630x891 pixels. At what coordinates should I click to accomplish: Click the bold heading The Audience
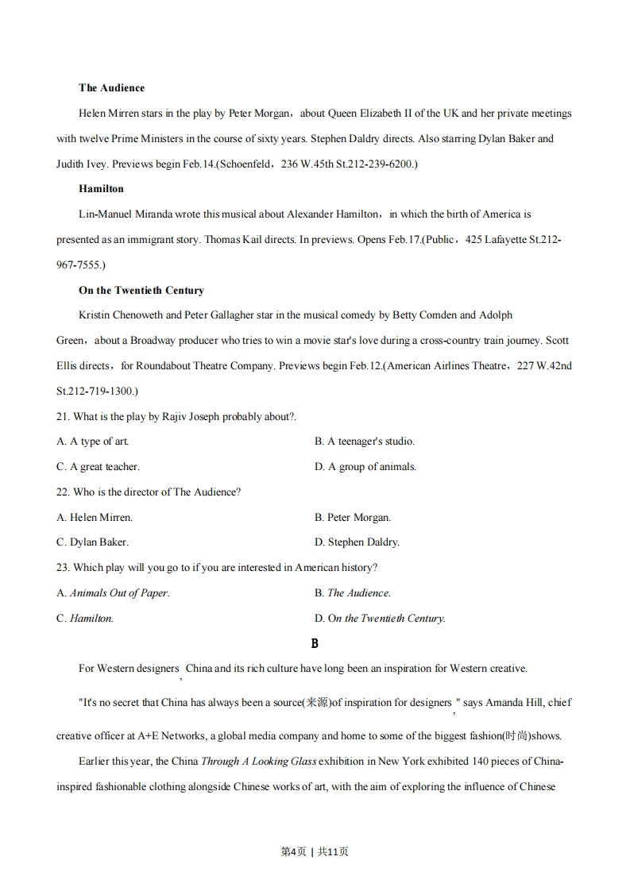111,88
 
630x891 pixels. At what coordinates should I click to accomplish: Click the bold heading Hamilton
101,189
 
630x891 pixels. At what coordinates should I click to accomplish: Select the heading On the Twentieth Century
141,290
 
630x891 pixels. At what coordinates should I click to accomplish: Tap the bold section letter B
315,643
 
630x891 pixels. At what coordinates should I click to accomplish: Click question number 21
63,416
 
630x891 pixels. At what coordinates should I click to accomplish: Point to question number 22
63,492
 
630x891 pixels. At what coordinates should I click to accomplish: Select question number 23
63,567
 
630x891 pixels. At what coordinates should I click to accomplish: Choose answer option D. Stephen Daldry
357,542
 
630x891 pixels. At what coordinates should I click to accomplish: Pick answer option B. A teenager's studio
364,442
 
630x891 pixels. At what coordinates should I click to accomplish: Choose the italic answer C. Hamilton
85,618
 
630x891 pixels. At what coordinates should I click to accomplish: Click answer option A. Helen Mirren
95,517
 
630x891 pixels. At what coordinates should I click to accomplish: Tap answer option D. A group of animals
365,467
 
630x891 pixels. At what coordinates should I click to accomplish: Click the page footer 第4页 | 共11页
315,851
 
